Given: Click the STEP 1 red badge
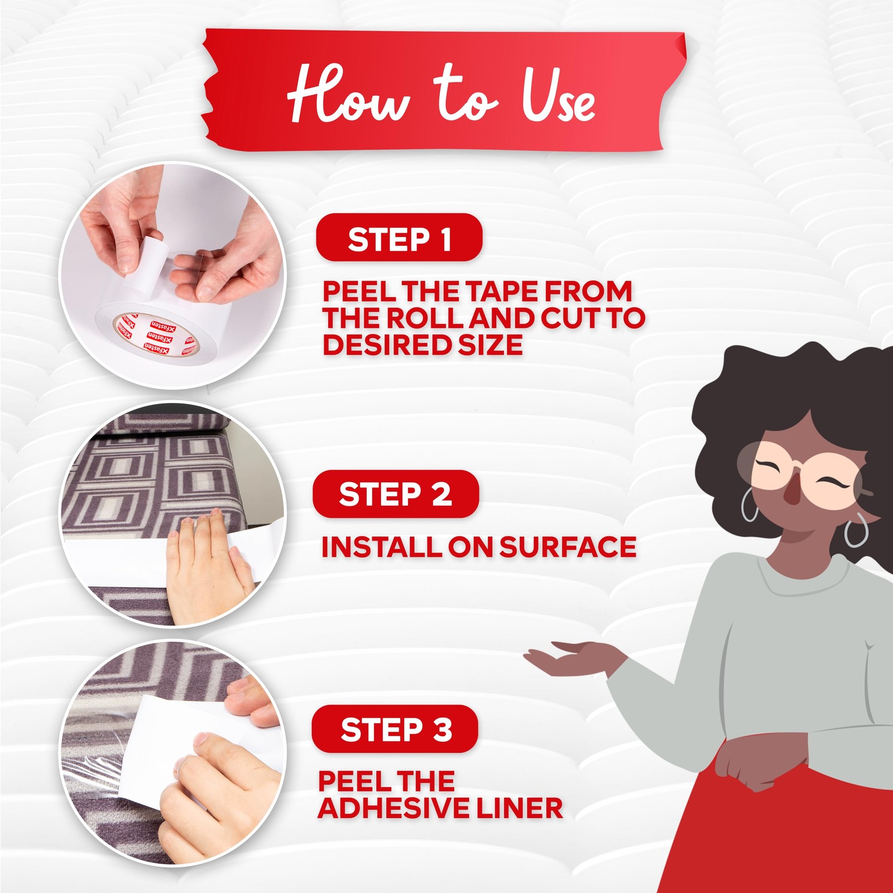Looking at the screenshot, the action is coord(399,238).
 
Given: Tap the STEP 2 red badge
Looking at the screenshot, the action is coord(396,494).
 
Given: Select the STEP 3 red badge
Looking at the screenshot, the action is coord(395,729).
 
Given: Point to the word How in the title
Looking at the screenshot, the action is coord(349,93).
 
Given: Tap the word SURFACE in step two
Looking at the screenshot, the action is coord(568,547).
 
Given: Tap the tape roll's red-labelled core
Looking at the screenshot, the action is coord(157,335).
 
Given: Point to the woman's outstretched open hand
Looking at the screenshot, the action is coord(564,659).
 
